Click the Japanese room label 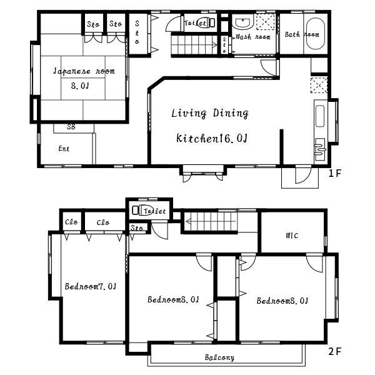pyautogui.click(x=84, y=71)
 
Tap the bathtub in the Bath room pyautogui.click(x=316, y=34)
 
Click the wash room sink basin pyautogui.click(x=242, y=23)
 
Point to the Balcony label pyautogui.click(x=219, y=357)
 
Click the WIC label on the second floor pyautogui.click(x=292, y=236)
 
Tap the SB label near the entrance pyautogui.click(x=71, y=127)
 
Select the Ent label pyautogui.click(x=64, y=149)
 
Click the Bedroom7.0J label pyautogui.click(x=91, y=286)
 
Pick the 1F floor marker pyautogui.click(x=335, y=173)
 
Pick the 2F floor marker pyautogui.click(x=335, y=351)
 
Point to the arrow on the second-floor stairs pyautogui.click(x=211, y=221)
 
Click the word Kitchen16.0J pyautogui.click(x=212, y=139)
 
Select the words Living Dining pyautogui.click(x=210, y=113)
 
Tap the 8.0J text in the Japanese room pyautogui.click(x=80, y=86)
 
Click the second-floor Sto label pyautogui.click(x=137, y=227)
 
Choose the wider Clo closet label pyautogui.click(x=103, y=222)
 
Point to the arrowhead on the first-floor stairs pyautogui.click(x=215, y=45)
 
